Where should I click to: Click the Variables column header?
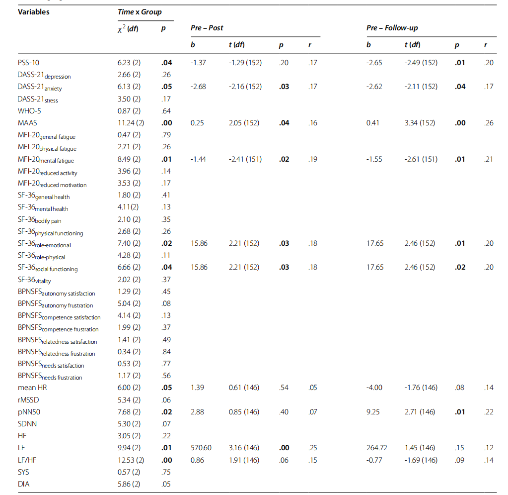[34, 12]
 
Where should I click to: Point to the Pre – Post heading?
[207, 28]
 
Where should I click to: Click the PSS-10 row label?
[28, 63]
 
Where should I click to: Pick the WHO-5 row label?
[29, 111]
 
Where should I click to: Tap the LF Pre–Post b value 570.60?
[201, 448]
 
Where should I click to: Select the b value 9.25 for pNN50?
[374, 412]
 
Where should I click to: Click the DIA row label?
[24, 484]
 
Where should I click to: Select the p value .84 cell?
[166, 352]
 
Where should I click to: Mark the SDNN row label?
[28, 424]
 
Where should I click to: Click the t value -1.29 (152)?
[245, 63]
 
